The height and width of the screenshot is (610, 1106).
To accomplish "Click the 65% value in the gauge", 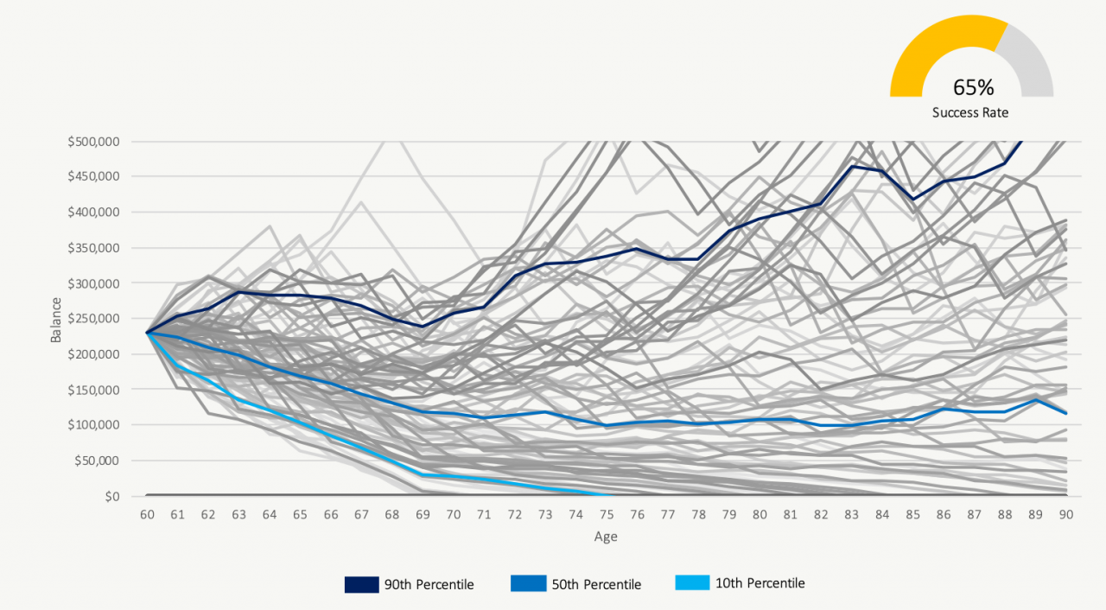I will tap(973, 87).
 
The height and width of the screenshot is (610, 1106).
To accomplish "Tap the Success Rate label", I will tap(969, 112).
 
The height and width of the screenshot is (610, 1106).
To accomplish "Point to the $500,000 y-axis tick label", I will tap(92, 141).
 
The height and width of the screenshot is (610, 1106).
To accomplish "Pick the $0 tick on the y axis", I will tap(111, 496).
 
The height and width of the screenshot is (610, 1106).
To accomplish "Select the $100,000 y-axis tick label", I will tap(92, 425).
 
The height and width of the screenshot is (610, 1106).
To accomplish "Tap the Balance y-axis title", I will tap(56, 320).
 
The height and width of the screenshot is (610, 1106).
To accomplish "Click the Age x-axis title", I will tap(606, 537).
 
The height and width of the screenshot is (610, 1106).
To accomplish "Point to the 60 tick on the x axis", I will tap(147, 515).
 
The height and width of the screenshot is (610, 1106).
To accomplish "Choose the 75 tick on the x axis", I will tap(607, 515).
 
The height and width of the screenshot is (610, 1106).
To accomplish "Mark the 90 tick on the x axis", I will tap(1066, 515).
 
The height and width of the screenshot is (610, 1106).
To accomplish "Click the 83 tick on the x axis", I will tap(852, 515).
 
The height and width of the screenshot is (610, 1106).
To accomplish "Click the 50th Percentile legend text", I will tap(596, 584).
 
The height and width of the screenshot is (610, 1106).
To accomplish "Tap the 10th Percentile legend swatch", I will tap(691, 583).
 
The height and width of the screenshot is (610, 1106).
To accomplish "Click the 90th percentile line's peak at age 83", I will tap(852, 166).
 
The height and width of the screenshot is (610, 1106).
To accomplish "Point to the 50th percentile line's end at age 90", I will tap(1066, 414).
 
